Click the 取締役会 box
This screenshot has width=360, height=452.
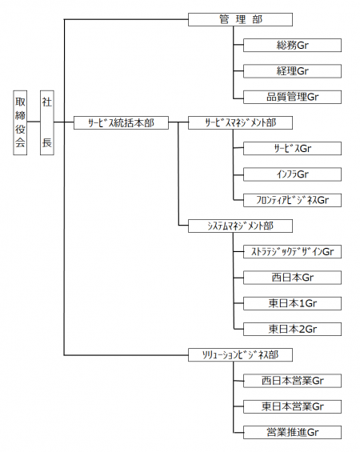[x=20, y=123]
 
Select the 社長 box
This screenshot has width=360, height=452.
[x=47, y=123]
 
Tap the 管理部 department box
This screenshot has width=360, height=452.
[x=240, y=20]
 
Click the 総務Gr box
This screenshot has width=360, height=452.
[x=292, y=46]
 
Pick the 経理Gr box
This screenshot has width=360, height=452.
[x=292, y=71]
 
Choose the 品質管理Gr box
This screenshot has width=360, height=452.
[x=292, y=97]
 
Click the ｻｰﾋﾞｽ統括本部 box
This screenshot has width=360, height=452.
[x=121, y=123]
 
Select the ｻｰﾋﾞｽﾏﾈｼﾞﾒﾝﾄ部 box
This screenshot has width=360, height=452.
[x=240, y=123]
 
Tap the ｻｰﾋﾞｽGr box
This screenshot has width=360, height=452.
[x=292, y=149]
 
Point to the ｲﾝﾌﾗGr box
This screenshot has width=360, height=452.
[x=292, y=174]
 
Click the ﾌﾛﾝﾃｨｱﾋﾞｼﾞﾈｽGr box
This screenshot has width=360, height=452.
[x=292, y=200]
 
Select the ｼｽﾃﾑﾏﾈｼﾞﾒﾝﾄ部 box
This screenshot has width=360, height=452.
[x=240, y=226]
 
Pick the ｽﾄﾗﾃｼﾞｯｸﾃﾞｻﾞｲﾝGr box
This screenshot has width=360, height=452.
[x=292, y=252]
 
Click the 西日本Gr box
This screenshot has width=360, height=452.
[x=292, y=278]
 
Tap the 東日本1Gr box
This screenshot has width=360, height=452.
[x=292, y=303]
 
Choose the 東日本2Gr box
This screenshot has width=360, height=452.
[x=292, y=329]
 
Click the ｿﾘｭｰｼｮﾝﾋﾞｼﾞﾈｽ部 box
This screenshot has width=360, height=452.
[x=240, y=355]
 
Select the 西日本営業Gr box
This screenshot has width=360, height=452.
[x=292, y=381]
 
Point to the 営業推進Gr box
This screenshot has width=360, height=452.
[x=292, y=432]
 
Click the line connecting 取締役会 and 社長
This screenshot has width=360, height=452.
[x=34, y=122]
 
